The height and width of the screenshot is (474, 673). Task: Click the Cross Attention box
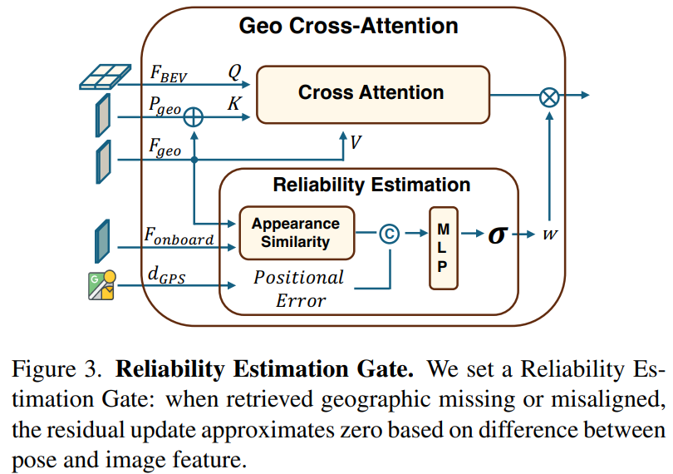tap(372, 95)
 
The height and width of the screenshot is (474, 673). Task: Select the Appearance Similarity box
tap(297, 233)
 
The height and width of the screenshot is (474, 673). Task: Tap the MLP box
tap(444, 248)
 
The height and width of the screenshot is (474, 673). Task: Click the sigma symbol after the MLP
tap(498, 235)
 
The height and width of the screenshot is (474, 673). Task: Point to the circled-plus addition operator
tap(193, 117)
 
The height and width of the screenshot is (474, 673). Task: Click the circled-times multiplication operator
tap(549, 96)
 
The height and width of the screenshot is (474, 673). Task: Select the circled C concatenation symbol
tap(390, 234)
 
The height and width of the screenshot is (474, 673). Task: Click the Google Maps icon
tap(102, 285)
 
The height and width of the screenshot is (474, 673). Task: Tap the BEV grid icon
tap(106, 77)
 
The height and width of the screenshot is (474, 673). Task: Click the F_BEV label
tap(169, 73)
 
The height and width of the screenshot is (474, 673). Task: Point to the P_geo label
tap(165, 106)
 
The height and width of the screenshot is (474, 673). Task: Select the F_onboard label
tap(179, 236)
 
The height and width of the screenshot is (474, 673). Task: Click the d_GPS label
tap(166, 275)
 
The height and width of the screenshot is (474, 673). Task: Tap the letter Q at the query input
tap(235, 72)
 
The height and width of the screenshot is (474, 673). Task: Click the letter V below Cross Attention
tap(356, 142)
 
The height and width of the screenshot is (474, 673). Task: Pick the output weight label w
tap(550, 235)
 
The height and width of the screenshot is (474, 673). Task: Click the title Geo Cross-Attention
tap(348, 26)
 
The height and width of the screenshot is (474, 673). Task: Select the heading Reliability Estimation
tap(371, 185)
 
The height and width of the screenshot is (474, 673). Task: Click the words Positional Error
tap(299, 289)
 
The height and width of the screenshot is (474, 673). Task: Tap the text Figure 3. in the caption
tap(57, 369)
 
